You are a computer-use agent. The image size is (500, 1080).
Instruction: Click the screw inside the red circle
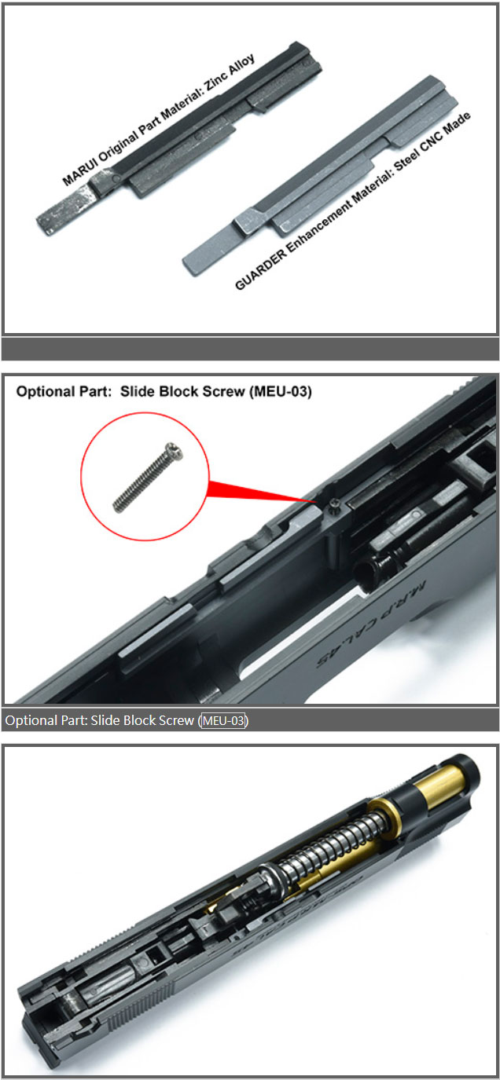[148, 477]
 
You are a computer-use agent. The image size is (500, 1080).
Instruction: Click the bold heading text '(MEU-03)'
[281, 391]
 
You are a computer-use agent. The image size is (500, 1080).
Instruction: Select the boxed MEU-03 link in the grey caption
[223, 721]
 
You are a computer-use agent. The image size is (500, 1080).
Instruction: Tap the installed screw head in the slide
[334, 503]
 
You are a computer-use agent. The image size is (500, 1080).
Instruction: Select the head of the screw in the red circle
[174, 451]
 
